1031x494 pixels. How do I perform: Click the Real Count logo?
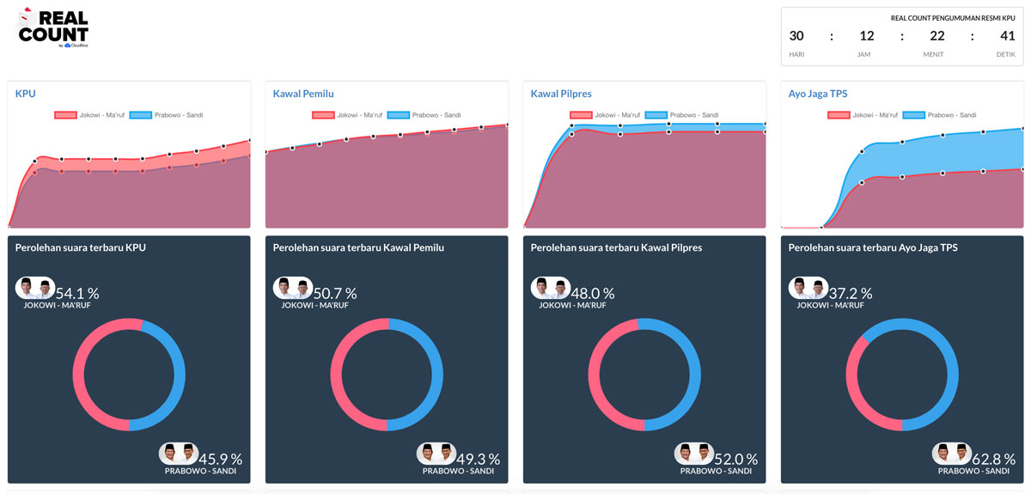(53, 27)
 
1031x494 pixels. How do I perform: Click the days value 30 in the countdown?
(796, 36)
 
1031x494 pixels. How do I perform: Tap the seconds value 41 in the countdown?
(1006, 36)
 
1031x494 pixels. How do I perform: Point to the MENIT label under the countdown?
(933, 54)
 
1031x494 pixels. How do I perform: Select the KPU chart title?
(25, 94)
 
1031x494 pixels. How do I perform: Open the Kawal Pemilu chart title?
(303, 94)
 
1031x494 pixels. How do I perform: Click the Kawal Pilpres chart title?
(561, 94)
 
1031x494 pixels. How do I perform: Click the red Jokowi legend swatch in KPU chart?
(65, 115)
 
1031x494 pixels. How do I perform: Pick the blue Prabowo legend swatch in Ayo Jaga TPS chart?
(914, 115)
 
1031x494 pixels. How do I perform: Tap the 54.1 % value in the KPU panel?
(77, 294)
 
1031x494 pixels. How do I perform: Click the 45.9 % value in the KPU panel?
(220, 460)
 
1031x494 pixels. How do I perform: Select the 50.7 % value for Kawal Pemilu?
(335, 294)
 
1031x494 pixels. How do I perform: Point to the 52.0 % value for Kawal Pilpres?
(735, 460)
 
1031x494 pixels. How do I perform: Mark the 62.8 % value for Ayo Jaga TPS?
(993, 460)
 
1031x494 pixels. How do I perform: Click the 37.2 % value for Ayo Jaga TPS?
(851, 294)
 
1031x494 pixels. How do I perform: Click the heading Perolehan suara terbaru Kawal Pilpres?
(616, 248)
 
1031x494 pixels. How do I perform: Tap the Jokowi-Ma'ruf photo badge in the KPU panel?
(35, 288)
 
